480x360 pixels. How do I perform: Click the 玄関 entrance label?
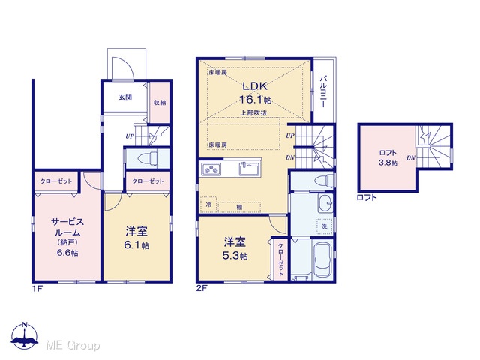point(125,97)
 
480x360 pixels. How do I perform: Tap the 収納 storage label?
point(160,103)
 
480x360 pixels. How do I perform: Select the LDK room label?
point(255,86)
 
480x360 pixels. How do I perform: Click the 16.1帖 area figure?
point(255,100)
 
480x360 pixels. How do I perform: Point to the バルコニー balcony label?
point(323,91)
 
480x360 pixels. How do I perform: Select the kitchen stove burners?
point(211,169)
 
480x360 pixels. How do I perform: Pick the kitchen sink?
point(250,169)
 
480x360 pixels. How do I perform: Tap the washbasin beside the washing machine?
point(325,203)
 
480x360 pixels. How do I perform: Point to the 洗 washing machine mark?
point(325,226)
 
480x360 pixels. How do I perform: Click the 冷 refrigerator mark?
point(208,205)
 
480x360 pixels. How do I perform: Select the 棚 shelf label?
point(239,207)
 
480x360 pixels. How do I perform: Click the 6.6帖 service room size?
point(67,253)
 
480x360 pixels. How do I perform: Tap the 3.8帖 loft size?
point(388,163)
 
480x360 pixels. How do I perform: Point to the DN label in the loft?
point(411,158)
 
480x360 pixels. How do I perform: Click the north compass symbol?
point(25,335)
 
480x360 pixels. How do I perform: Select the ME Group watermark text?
point(73,345)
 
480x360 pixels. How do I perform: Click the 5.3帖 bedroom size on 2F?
point(235,256)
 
